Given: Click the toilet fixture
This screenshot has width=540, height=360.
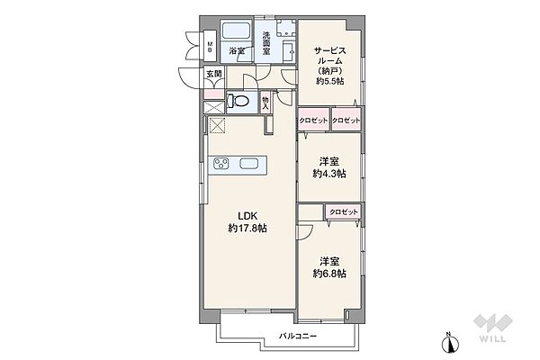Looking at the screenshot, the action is pos(238,101).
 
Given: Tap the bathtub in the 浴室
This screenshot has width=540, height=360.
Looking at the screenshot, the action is pos(236,31).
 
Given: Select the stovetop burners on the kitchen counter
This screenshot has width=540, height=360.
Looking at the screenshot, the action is pos(221,163).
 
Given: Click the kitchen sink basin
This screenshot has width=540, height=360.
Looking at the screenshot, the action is pos(248,163).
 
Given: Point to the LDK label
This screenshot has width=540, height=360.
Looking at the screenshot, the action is pos(248,216).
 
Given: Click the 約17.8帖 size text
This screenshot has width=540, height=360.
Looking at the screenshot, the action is pos(247,228).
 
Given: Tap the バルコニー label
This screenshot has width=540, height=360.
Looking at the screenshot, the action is pos(298,336).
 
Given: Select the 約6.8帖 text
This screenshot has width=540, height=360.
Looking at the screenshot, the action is pos(329,274).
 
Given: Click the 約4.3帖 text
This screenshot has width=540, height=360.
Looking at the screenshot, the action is pos(329,174).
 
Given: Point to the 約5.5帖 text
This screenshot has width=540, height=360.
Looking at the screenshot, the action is pos(330,81).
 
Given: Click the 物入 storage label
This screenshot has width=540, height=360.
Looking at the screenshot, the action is pos(265,103).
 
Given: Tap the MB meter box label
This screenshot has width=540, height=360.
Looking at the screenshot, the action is pos(210,47).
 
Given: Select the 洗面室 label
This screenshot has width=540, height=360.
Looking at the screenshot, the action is pos(266,43).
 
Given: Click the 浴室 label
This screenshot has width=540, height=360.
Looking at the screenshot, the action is pos(237,51).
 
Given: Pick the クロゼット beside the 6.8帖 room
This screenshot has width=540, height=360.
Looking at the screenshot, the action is pos(344,211).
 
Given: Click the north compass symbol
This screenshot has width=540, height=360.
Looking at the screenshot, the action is pos(451,342).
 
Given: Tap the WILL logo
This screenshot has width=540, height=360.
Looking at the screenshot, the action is pos(493,328).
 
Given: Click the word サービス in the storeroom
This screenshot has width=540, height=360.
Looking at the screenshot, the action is pos(330,51).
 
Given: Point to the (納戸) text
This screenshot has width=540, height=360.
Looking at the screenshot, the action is pos(330,71).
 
